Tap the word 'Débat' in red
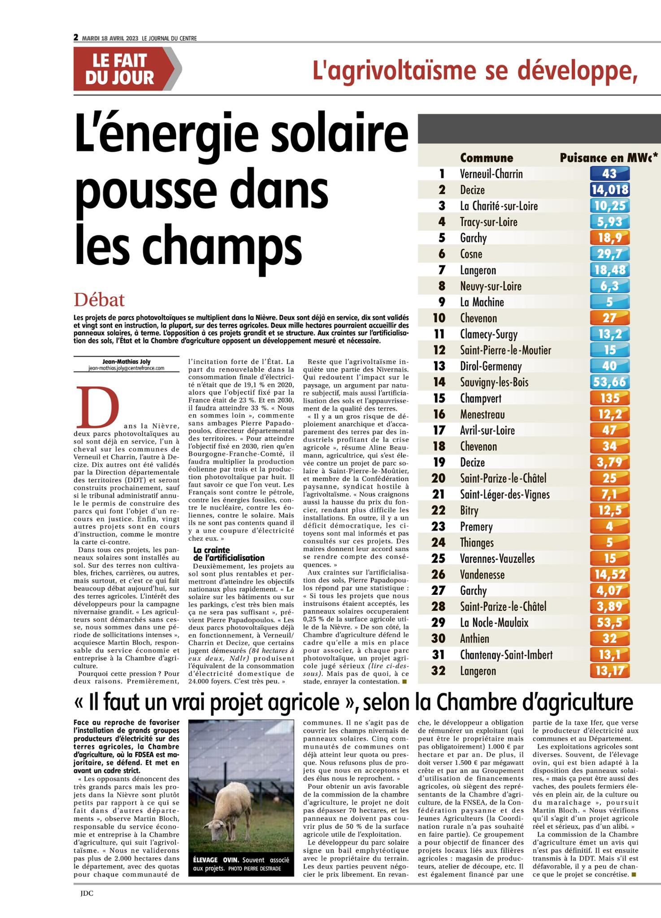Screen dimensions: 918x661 100,299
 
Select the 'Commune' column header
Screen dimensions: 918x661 487,158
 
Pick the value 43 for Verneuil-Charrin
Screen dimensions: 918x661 609,173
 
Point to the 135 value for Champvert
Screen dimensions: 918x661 609,398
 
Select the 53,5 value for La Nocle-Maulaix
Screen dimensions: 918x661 609,623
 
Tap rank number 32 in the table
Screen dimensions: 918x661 438,671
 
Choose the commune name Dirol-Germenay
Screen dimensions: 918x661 491,366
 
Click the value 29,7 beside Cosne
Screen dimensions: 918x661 609,254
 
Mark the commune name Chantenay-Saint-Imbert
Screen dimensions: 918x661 506,655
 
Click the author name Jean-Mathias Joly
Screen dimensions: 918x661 126,361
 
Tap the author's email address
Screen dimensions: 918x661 126,368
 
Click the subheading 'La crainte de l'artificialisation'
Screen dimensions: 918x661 228,554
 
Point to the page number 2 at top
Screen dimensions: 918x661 76,38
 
